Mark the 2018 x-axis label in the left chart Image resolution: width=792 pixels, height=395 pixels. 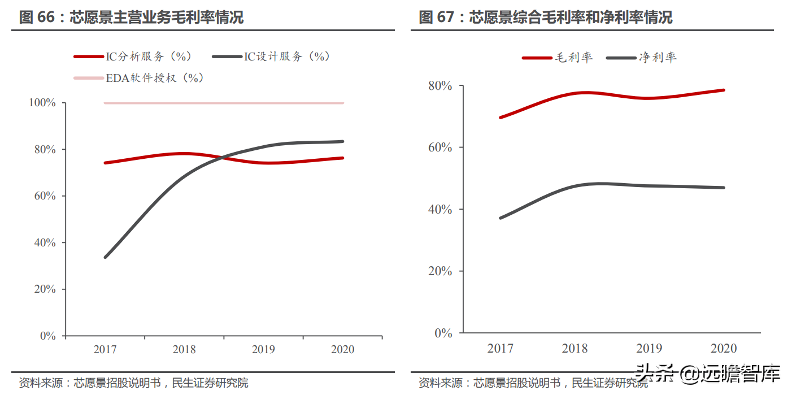coord(184,350)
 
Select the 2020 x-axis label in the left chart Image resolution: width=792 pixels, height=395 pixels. coord(342,350)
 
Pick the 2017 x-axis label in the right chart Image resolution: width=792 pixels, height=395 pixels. coord(501,348)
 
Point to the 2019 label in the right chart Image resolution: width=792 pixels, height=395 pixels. coord(650,348)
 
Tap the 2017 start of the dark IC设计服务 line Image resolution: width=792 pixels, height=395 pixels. coord(106,257)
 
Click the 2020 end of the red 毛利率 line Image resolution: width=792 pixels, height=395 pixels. coord(724,90)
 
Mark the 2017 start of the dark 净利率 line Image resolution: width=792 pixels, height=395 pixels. coord(501,218)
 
